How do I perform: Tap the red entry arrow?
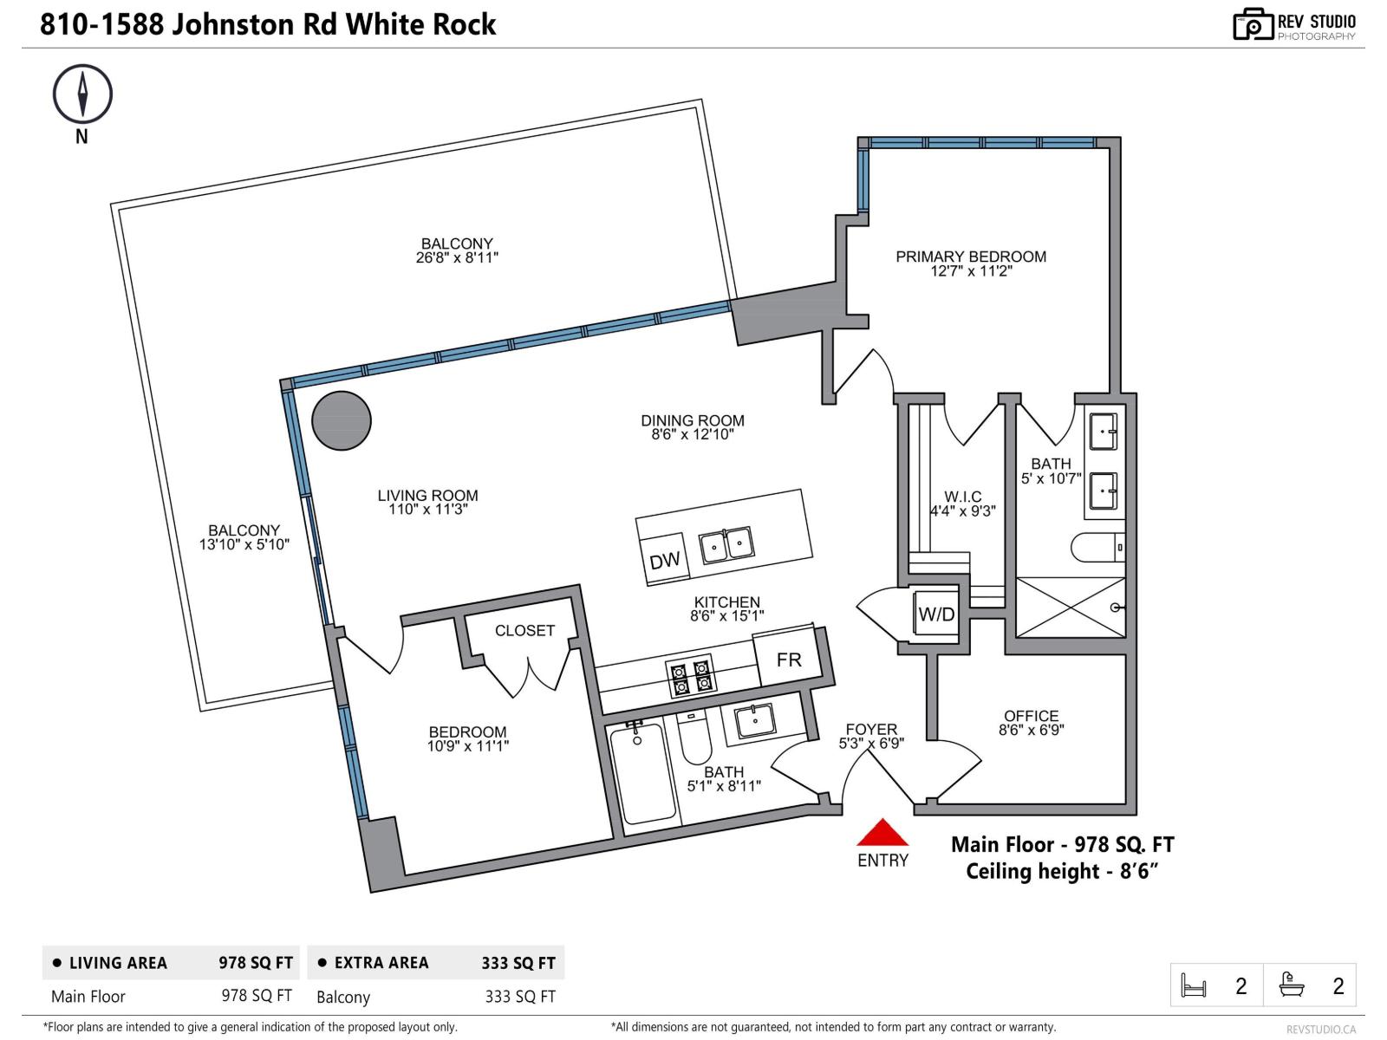click(882, 834)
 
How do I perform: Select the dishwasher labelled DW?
click(664, 560)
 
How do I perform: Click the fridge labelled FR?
click(789, 660)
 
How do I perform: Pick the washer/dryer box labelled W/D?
click(936, 614)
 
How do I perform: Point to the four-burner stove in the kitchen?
click(691, 677)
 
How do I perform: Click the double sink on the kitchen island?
click(726, 545)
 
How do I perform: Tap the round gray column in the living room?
click(342, 421)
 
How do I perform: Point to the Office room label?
click(1031, 716)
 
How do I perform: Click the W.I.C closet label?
click(962, 497)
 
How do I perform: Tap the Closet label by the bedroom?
click(524, 631)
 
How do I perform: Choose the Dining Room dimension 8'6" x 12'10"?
click(692, 434)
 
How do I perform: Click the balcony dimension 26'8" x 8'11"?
click(457, 257)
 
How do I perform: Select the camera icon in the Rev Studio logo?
click(1253, 25)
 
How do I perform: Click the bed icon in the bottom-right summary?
click(1194, 985)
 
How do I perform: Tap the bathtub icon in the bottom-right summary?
click(1292, 985)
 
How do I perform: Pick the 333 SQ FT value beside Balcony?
click(519, 997)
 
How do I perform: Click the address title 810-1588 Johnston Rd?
click(268, 24)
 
